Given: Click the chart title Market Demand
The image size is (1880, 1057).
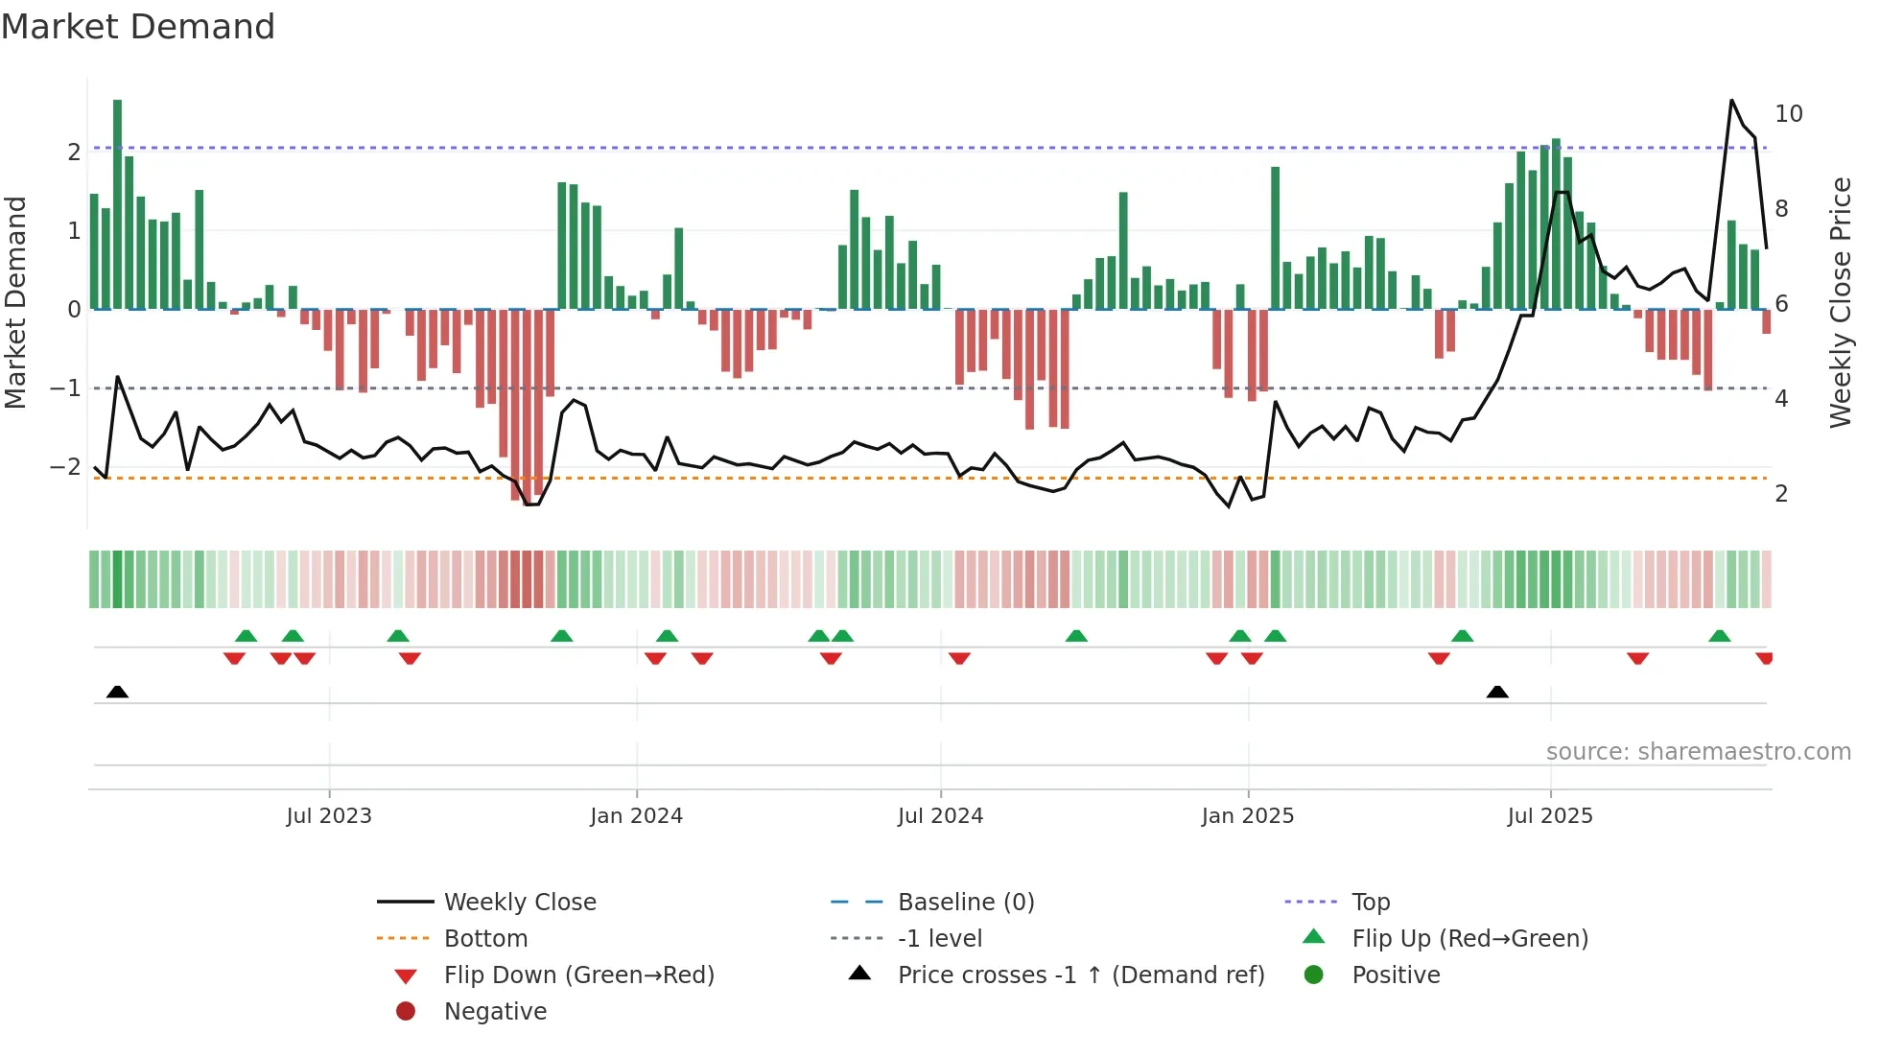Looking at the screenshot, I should pos(138,27).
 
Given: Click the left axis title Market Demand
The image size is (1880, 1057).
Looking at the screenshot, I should pos(15,303).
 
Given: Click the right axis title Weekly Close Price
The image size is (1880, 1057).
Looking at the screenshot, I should pos(1840,303).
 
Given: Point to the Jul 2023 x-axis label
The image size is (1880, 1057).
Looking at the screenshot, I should pos(329,816).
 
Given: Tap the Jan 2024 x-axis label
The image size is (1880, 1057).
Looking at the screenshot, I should pos(636,816).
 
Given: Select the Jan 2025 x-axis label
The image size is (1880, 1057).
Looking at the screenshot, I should pos(1247,816).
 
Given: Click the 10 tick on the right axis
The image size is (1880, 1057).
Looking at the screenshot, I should pos(1788,114).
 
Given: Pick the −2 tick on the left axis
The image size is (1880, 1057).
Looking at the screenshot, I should pos(65,467).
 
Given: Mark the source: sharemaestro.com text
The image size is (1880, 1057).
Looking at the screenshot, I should pos(1698,752).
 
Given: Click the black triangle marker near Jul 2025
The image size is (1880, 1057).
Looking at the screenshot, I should pos(1497,692).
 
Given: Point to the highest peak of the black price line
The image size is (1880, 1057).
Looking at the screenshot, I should pos(1731,100).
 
